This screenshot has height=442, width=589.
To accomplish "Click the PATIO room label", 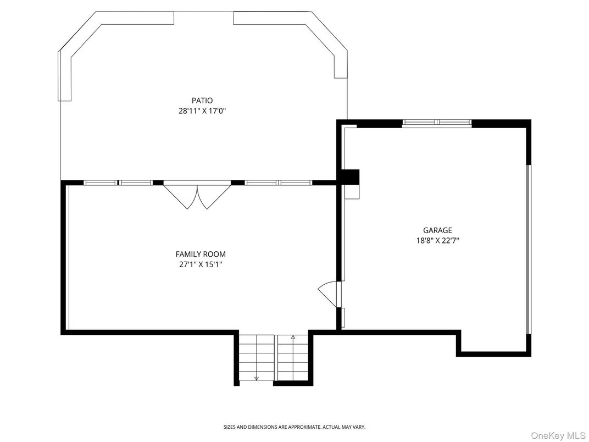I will [x=202, y=101].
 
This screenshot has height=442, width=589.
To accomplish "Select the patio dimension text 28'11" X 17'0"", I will [x=202, y=111].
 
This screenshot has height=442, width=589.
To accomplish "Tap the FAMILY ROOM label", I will [x=201, y=255].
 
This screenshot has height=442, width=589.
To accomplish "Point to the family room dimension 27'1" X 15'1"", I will [x=201, y=264].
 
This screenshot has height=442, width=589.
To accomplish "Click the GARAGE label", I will [x=437, y=230].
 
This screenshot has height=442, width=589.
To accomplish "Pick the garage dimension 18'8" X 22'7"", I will [x=437, y=240].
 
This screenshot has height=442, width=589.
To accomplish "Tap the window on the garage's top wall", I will [x=437, y=123].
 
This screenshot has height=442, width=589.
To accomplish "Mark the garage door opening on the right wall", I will [x=528, y=249].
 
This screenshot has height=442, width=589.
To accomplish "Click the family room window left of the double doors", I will [x=118, y=183].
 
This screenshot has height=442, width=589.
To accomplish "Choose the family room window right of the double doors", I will [x=278, y=183].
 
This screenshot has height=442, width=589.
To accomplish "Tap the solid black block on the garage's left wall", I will [x=350, y=177].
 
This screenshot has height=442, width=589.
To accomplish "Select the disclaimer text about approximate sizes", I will [x=294, y=427].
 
